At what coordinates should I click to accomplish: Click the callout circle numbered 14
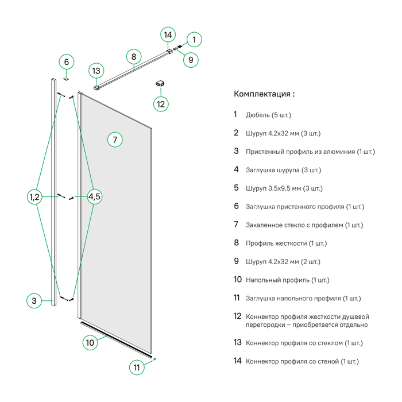point(168,35)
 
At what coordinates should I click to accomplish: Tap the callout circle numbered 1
point(194,40)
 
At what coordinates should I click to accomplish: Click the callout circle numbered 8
point(133,56)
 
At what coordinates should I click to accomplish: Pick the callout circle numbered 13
point(96,71)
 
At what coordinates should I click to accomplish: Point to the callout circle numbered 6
point(66,61)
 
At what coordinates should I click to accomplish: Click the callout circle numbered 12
point(161,104)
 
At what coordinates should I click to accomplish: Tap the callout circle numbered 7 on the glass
point(115,140)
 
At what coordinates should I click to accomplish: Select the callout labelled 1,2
point(34,197)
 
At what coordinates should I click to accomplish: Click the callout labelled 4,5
point(95,197)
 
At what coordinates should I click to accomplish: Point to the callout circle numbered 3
point(34,300)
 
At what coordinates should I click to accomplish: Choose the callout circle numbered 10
point(90,343)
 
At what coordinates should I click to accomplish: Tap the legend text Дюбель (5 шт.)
point(268,115)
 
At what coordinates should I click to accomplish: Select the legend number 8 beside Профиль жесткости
point(236,243)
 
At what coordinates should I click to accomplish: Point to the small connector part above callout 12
point(160,84)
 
